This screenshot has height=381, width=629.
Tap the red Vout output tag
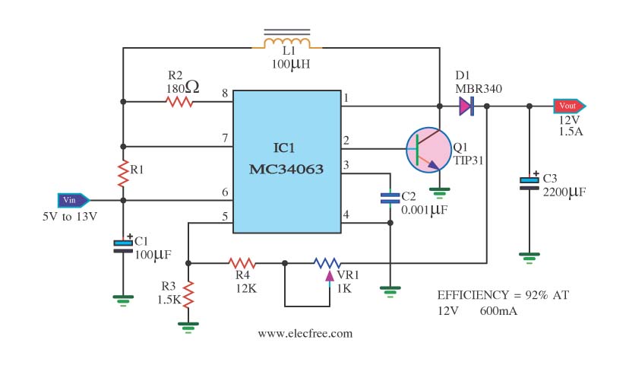[x=569, y=106]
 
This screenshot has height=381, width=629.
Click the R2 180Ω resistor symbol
[x=180, y=100]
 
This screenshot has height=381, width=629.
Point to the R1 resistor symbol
[x=122, y=173]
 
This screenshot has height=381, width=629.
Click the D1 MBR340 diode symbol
[x=466, y=106]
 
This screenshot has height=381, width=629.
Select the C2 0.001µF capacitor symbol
[x=390, y=198]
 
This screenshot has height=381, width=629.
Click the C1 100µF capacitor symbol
[x=123, y=245]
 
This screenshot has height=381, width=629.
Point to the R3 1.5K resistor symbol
[x=188, y=293]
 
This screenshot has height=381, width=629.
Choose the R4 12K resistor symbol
[x=242, y=263]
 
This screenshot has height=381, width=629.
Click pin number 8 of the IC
[x=225, y=94]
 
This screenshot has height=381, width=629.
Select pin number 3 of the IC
[x=346, y=165]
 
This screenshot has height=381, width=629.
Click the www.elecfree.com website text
[x=305, y=333]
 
